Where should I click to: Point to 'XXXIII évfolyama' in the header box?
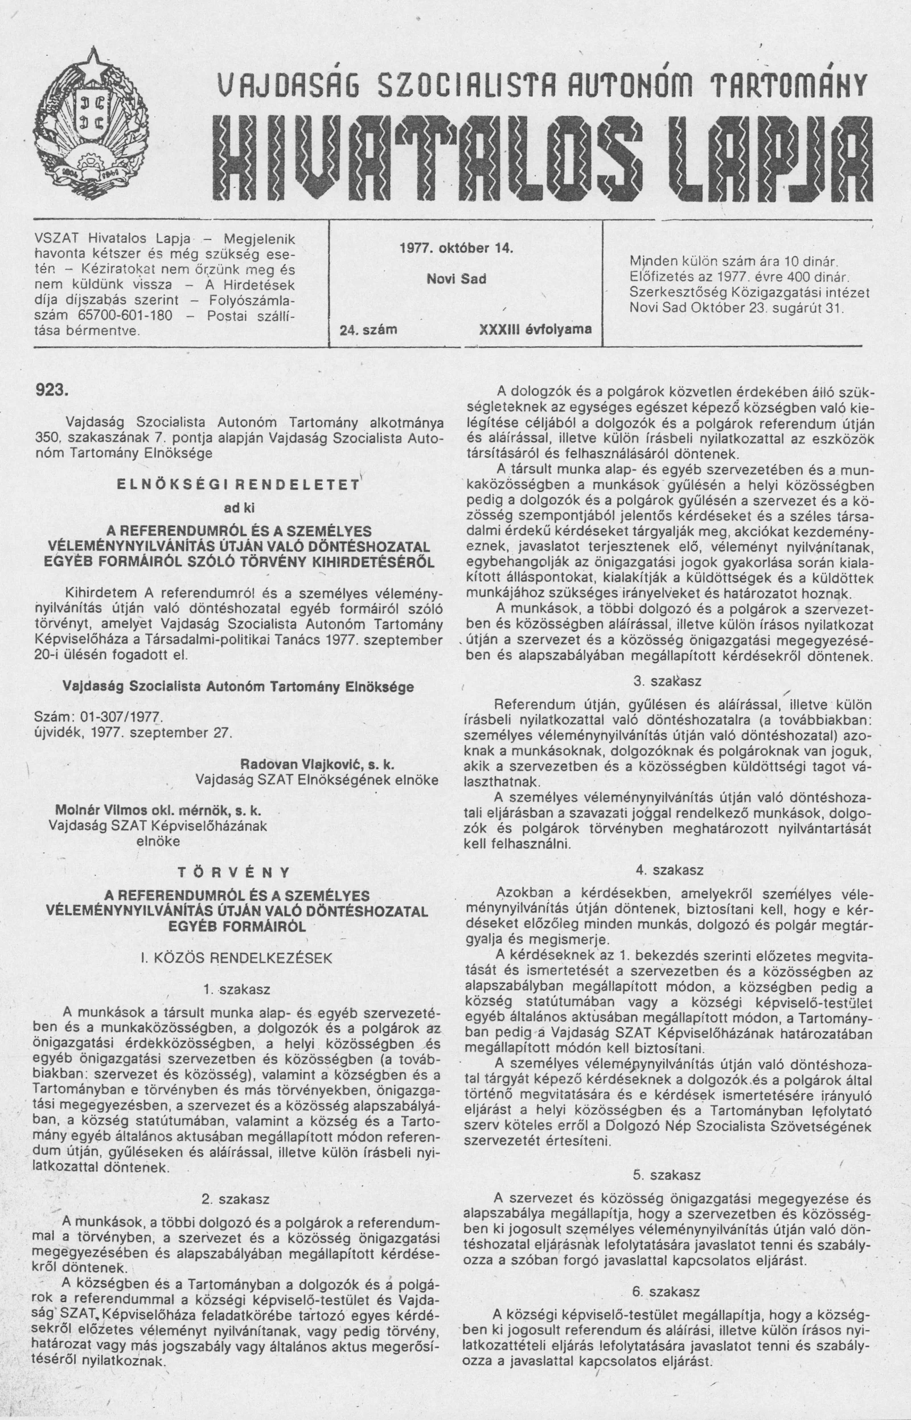point(535,330)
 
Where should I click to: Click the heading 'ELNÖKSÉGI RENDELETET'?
point(238,486)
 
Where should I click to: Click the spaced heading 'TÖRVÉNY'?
point(234,872)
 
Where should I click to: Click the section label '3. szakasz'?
point(667,681)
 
